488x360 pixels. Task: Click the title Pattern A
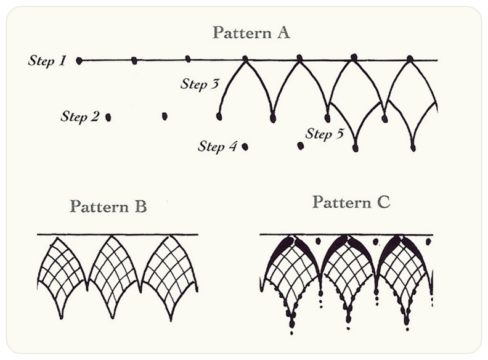point(251,33)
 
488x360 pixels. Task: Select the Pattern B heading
point(108,206)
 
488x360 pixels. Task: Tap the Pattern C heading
point(351,202)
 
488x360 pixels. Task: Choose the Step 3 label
point(200,84)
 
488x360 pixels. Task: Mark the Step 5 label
point(324,133)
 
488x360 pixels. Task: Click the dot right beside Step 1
point(79,60)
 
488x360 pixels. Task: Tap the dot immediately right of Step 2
point(108,117)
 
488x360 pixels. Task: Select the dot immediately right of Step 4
point(245,147)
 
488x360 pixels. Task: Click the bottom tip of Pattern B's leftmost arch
point(61,317)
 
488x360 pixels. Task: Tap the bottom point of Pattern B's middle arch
point(114,317)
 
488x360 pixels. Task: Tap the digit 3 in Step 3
point(215,84)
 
